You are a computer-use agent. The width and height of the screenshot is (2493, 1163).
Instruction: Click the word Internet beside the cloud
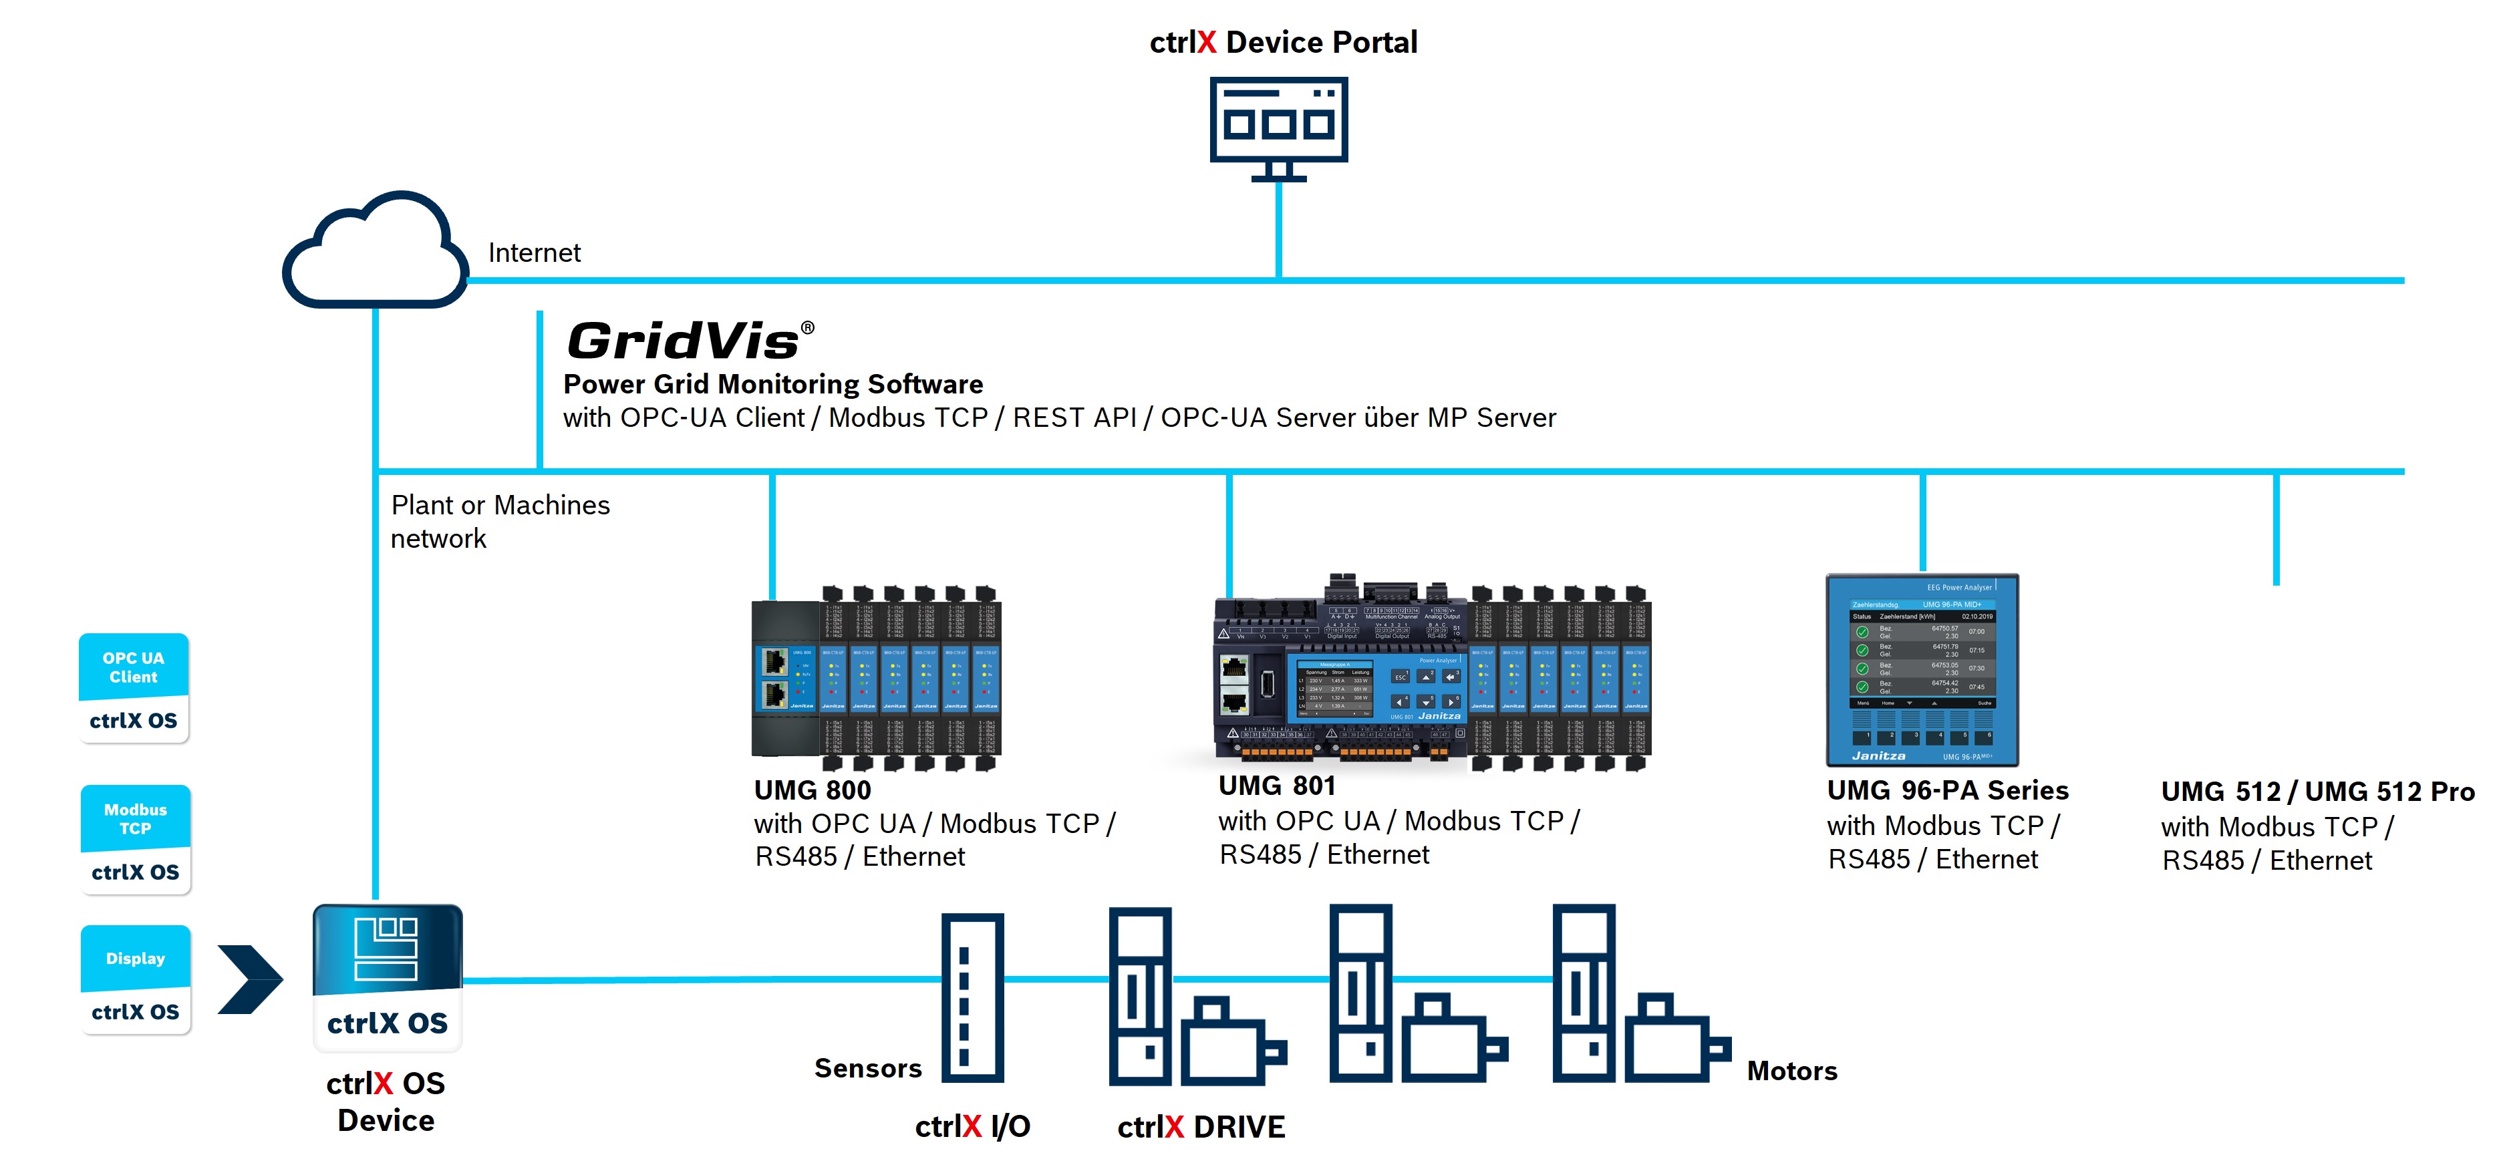point(535,253)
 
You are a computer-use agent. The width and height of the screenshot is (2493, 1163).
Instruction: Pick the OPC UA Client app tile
point(134,688)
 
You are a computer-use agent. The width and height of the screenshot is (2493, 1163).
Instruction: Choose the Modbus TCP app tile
point(136,839)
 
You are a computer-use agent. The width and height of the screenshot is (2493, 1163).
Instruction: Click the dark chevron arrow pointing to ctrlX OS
point(250,979)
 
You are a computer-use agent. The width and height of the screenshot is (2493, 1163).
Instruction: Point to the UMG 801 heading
point(1276,786)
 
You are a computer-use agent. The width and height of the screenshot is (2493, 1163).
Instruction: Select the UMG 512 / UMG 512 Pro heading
point(2317,792)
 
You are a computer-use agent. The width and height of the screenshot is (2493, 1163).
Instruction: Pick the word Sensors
point(867,1068)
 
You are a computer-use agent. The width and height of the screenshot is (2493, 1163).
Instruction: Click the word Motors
point(1791,1071)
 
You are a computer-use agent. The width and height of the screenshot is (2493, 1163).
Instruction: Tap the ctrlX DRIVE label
point(1201,1127)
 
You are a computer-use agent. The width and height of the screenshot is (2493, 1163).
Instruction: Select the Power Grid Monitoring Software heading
point(772,384)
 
